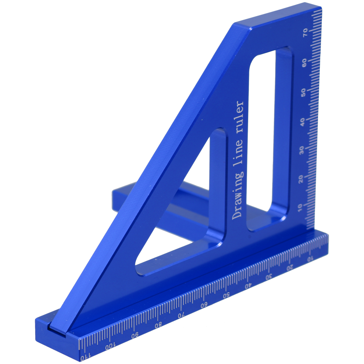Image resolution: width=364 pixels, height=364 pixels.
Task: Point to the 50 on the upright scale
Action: click(303, 92)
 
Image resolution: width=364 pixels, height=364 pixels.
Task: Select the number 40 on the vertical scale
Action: click(303, 121)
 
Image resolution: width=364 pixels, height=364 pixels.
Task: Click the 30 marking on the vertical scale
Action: click(301, 150)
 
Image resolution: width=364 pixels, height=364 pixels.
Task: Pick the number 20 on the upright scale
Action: click(301, 179)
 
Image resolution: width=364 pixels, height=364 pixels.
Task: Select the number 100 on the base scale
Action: click(110, 347)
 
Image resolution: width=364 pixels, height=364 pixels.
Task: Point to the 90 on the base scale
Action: click(135, 336)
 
